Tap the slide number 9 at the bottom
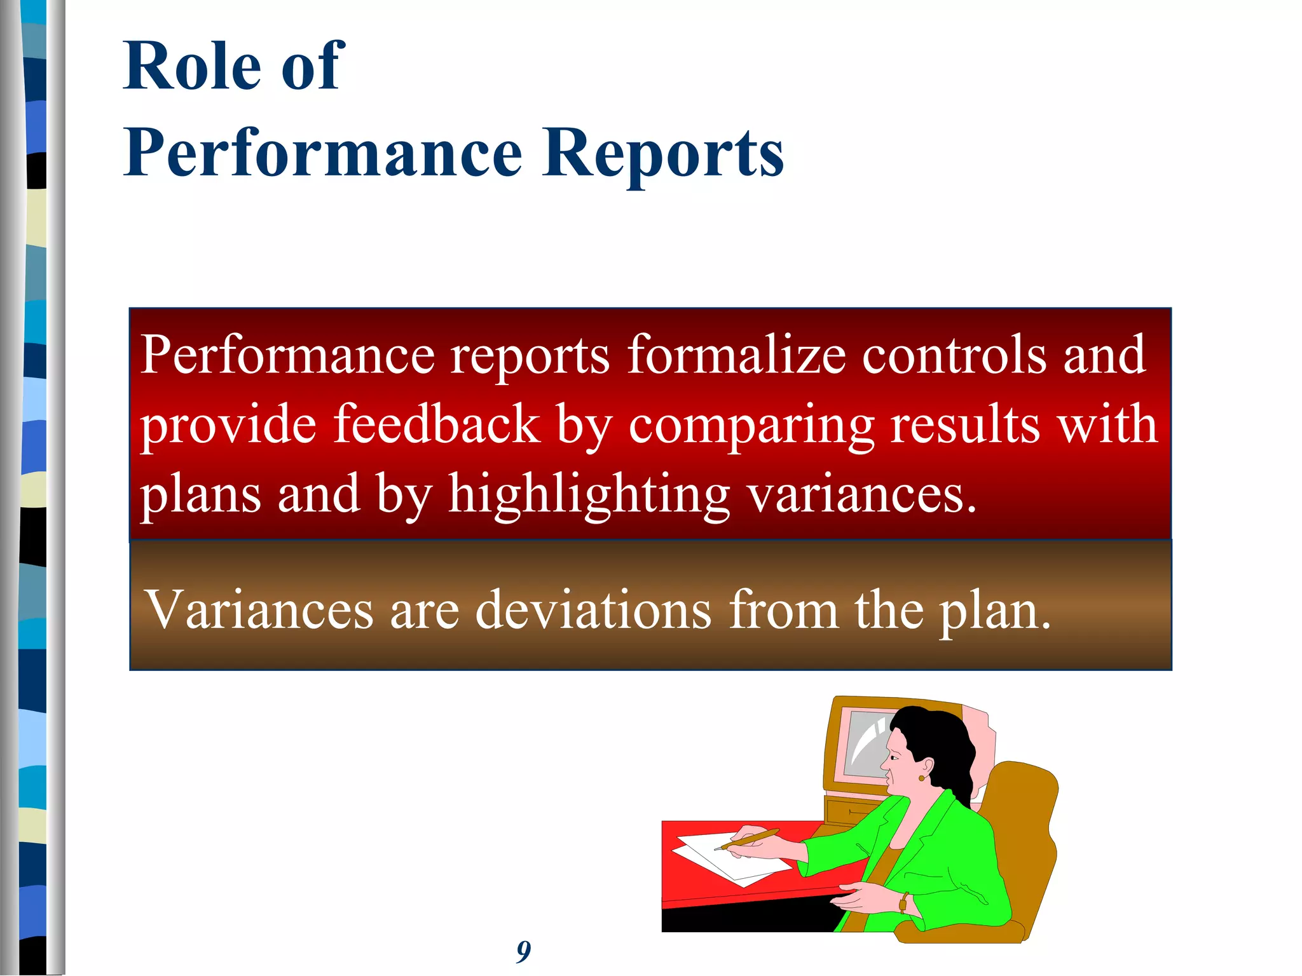point(523,951)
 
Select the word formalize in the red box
point(737,355)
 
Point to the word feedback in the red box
point(436,424)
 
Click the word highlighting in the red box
point(589,494)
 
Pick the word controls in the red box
point(954,355)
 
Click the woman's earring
point(921,778)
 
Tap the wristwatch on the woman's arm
point(903,902)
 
